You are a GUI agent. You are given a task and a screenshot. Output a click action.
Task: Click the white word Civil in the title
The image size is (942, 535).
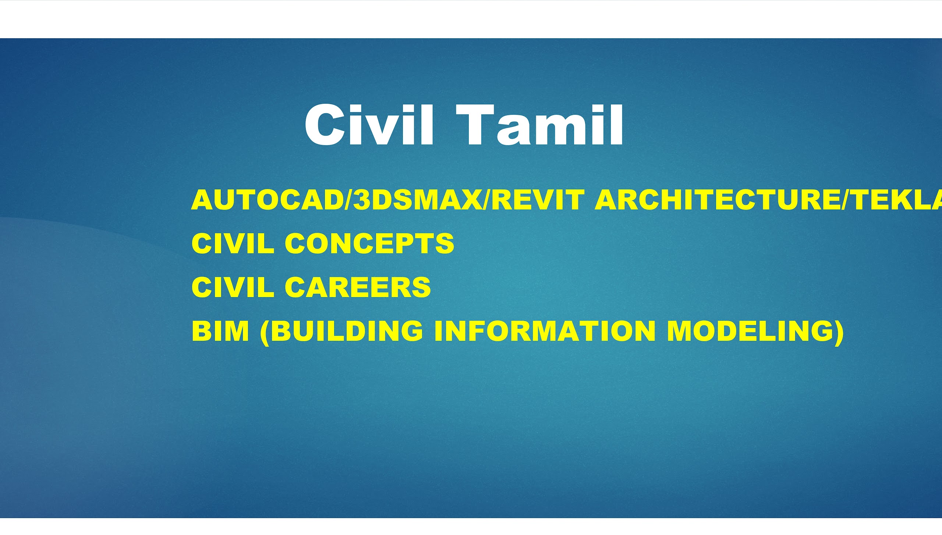369,125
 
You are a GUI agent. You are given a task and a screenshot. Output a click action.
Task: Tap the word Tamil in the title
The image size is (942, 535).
540,125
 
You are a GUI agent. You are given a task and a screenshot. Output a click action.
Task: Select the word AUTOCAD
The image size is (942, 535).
267,200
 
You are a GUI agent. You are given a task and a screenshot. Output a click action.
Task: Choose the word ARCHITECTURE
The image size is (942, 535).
718,200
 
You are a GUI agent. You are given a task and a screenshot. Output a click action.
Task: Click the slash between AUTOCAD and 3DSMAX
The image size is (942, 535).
348,200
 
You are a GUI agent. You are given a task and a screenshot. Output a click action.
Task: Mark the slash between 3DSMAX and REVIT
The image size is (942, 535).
486,200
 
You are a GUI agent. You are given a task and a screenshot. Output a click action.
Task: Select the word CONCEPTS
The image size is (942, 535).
369,243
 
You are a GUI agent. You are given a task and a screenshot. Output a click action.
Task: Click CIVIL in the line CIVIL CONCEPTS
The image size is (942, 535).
233,243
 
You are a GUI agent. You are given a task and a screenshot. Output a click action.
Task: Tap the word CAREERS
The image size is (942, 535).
358,287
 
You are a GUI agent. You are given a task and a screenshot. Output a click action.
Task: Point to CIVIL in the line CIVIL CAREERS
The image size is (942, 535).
233,287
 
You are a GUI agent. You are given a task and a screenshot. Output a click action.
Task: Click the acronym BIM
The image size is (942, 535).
220,331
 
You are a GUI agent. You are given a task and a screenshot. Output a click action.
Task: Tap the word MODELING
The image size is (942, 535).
749,331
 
